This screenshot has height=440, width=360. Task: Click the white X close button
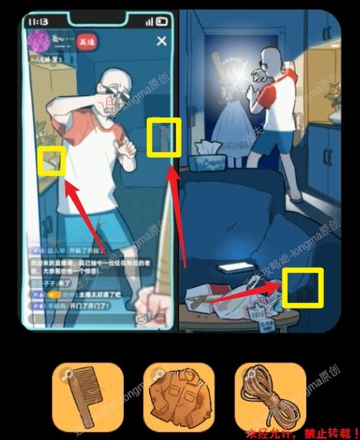point(161,42)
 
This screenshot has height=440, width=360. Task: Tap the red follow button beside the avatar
point(88,40)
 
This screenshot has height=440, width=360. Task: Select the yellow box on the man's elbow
point(52,161)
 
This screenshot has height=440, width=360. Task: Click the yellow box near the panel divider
point(164,136)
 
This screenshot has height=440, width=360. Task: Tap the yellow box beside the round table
point(300,287)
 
